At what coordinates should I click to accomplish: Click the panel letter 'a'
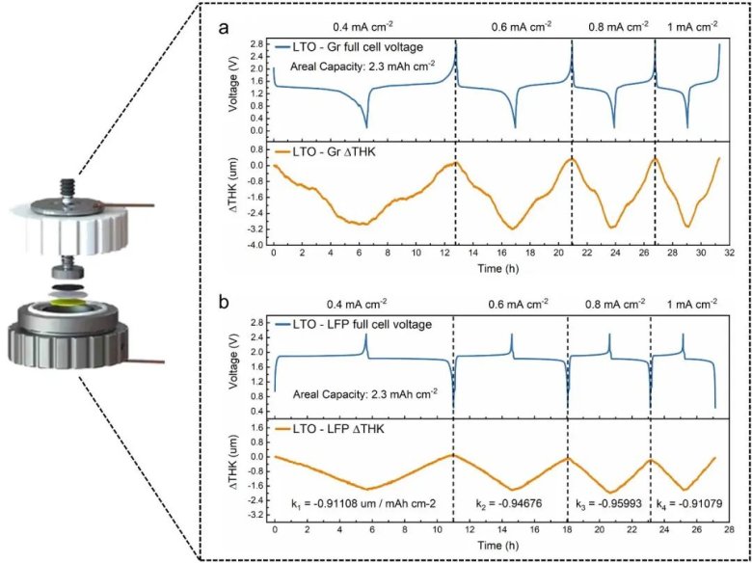coord(224,29)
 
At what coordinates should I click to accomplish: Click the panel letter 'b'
coord(224,303)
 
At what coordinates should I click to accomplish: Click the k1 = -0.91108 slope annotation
coord(356,504)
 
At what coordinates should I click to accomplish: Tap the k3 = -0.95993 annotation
coord(607,504)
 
